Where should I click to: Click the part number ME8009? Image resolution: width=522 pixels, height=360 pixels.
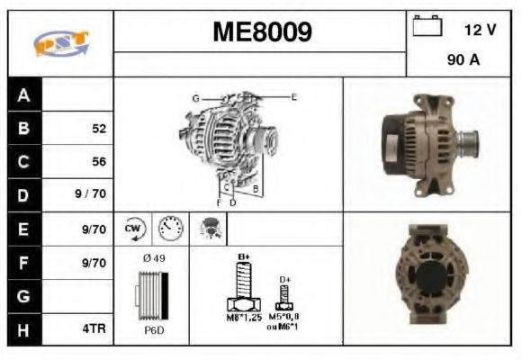tap(262, 32)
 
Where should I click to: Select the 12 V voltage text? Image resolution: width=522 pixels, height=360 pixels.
tap(480, 30)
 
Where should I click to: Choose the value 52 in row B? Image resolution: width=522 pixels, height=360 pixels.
tap(99, 129)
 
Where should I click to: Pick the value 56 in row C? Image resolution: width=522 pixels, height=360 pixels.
tap(99, 162)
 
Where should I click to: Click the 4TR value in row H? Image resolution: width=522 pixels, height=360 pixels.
tap(94, 329)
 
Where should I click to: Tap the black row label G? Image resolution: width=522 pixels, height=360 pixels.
tap(24, 296)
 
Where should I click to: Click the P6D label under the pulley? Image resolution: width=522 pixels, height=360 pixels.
tap(152, 330)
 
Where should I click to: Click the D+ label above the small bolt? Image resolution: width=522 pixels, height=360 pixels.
tap(286, 280)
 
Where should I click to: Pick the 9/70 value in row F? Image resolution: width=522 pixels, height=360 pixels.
tap(94, 263)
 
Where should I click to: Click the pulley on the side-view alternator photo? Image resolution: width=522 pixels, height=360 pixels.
tap(469, 143)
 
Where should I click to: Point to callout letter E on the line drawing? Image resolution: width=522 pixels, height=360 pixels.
tap(294, 95)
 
